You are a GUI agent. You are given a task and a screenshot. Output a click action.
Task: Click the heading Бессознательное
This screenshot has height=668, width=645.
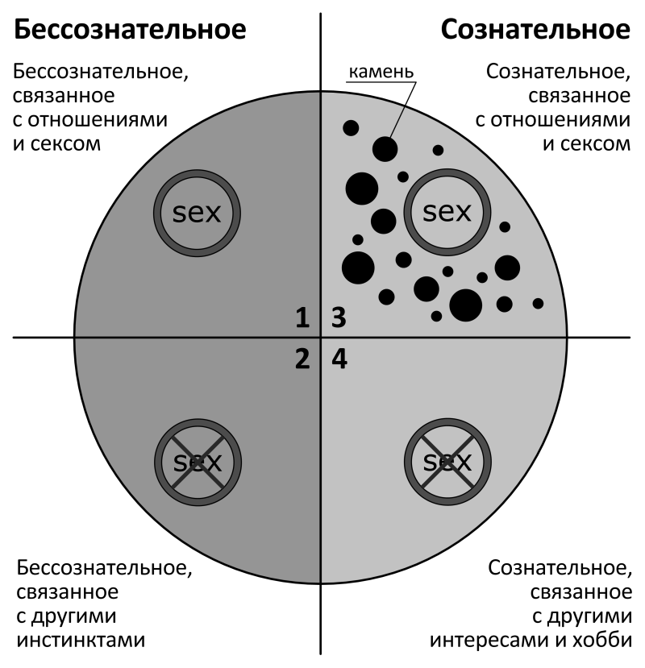coord(130,31)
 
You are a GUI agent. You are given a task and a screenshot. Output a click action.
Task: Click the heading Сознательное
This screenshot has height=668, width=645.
coord(535,31)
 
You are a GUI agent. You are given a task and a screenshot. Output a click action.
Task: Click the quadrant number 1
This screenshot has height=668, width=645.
coord(302,318)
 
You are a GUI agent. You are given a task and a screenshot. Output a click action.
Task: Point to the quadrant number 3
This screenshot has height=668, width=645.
coord(339,318)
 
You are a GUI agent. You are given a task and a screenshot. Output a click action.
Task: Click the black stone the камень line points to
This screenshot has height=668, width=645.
coord(385,149)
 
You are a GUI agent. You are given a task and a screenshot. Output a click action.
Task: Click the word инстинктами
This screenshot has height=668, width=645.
coord(80,641)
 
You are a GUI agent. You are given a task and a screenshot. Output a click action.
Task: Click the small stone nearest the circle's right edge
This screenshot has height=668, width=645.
coord(538,303)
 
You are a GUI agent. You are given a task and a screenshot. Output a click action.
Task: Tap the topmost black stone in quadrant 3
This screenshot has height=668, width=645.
coord(350,127)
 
